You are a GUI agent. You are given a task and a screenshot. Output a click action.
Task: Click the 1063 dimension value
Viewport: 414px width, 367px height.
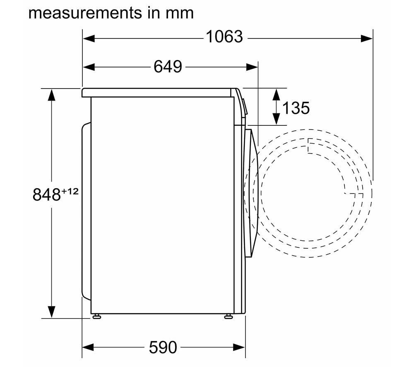click(x=224, y=36)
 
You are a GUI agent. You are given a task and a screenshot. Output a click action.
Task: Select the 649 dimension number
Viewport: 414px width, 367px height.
click(x=168, y=67)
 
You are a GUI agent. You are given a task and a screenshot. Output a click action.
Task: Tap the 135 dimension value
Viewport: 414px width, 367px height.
click(x=296, y=108)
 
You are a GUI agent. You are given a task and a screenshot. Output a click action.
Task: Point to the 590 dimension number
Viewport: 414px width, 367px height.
click(x=163, y=347)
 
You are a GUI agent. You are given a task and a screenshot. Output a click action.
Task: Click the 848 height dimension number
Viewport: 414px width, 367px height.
click(x=46, y=194)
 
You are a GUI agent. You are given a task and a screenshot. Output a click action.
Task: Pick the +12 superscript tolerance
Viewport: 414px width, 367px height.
click(x=70, y=191)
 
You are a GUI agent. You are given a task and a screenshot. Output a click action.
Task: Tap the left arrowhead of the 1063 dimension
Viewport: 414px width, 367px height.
click(x=89, y=38)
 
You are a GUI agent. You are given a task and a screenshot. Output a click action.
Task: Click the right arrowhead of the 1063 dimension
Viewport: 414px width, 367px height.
click(x=366, y=38)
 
